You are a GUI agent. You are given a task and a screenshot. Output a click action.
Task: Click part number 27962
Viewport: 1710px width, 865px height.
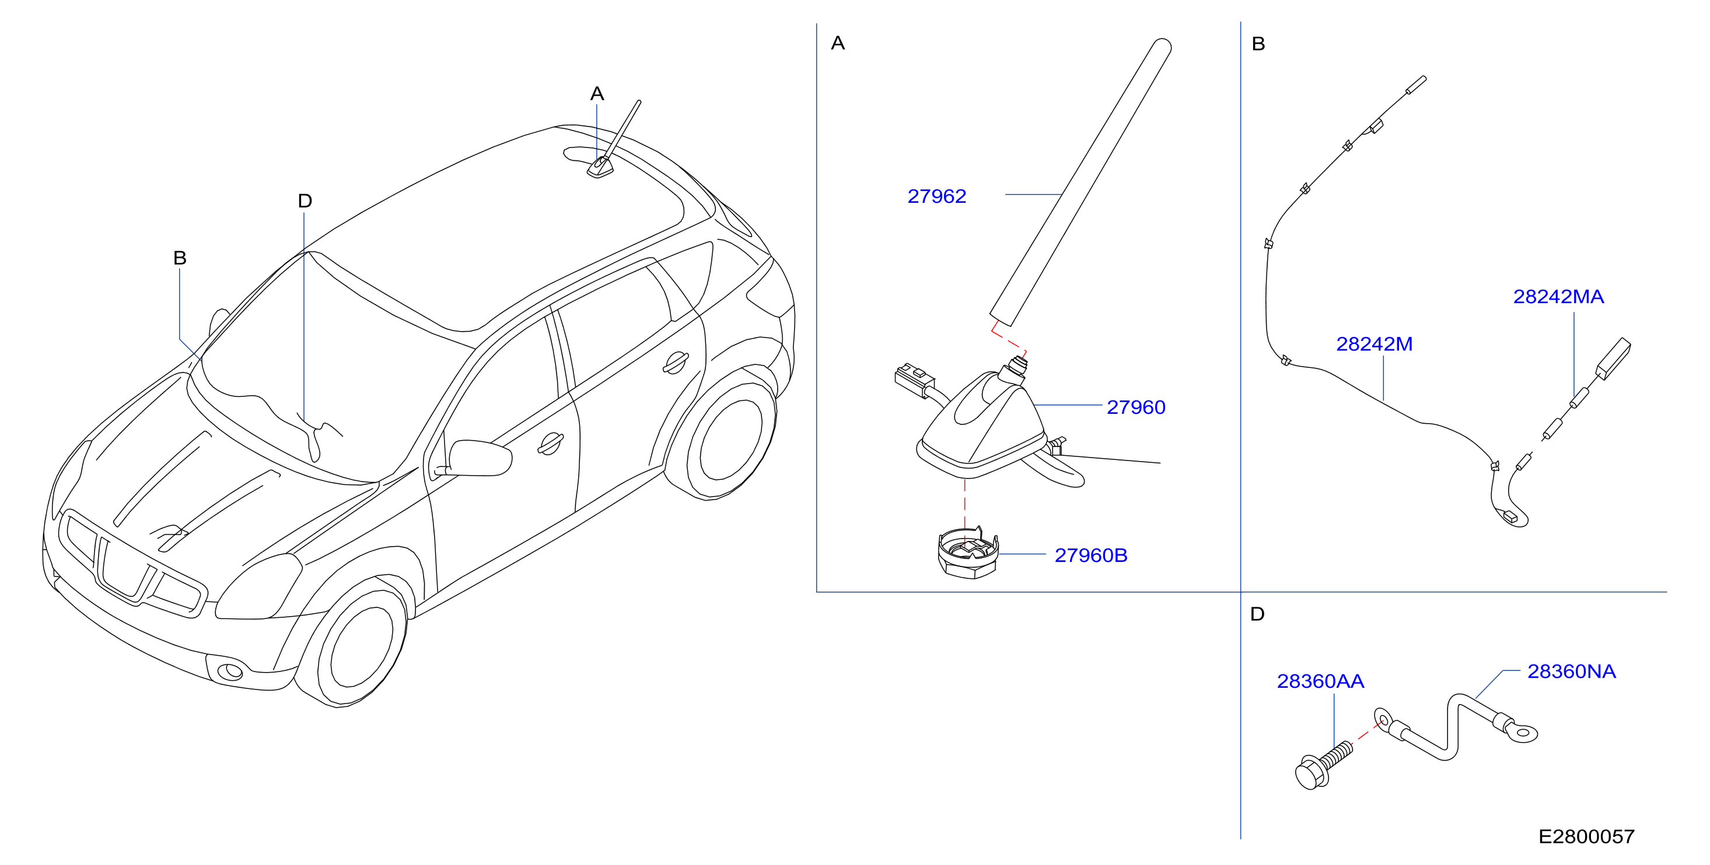(936, 196)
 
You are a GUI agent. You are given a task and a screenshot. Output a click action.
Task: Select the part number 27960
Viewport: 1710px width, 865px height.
(1136, 407)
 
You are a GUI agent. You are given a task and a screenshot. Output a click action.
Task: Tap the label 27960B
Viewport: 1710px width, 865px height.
(1090, 555)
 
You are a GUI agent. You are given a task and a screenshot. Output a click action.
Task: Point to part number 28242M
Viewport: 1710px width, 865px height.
(1374, 344)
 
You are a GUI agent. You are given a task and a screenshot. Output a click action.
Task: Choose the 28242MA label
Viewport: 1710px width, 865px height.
(1558, 297)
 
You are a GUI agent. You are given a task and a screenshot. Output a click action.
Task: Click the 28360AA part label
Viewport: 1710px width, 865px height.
(1320, 681)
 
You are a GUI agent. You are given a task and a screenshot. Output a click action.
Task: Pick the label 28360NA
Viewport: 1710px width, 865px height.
(1571, 671)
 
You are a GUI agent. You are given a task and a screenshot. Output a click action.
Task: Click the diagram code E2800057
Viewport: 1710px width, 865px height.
(1586, 836)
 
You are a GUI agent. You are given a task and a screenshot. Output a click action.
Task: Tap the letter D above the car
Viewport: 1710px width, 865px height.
(305, 201)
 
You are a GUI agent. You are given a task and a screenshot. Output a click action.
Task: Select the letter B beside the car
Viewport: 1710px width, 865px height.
(180, 258)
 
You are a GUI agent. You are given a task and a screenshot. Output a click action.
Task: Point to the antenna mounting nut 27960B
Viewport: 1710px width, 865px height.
(968, 553)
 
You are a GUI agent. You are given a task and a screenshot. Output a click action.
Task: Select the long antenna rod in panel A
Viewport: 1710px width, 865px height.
(1080, 182)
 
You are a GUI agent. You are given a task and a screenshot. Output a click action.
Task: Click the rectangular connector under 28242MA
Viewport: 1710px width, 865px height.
(1613, 358)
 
